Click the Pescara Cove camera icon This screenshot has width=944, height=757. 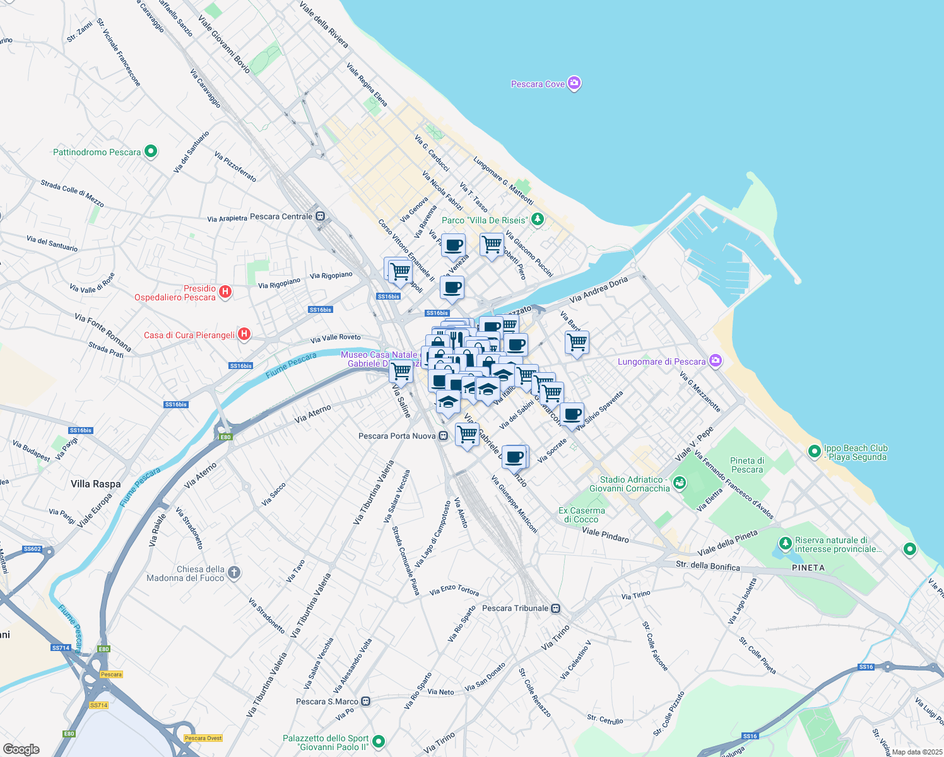[574, 83]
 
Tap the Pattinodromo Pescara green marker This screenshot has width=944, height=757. [150, 151]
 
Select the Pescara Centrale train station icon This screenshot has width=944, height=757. [320, 216]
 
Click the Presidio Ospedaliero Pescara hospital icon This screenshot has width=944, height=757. [225, 292]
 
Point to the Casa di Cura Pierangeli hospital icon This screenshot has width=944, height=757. [244, 334]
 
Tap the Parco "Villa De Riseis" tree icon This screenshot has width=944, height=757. [537, 220]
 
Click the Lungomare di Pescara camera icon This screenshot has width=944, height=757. [715, 361]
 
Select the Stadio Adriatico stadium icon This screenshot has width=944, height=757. [679, 483]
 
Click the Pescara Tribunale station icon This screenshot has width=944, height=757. [555, 608]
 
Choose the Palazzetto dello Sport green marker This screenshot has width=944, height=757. [378, 742]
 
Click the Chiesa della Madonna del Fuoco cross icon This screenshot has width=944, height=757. [233, 572]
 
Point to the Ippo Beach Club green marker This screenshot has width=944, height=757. [815, 452]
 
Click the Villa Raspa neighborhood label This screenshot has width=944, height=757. [95, 484]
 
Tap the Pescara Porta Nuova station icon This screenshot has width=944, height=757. [444, 436]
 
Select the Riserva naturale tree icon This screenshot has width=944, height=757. [785, 543]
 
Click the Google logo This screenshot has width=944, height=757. [21, 749]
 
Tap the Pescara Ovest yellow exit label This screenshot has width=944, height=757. [203, 738]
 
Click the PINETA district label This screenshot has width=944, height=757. [808, 568]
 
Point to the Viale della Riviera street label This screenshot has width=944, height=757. [324, 25]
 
